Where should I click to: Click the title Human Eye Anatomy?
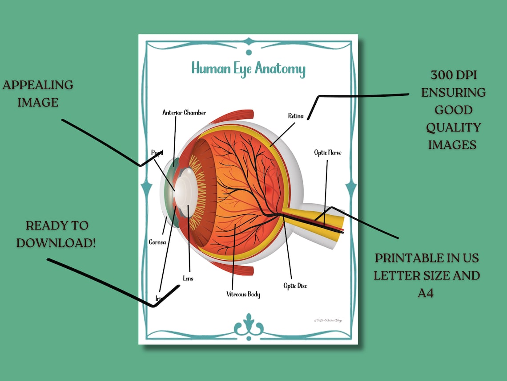(248, 69)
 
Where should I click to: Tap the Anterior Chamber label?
(184, 113)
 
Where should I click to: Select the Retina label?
(296, 116)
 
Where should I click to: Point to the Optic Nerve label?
(327, 153)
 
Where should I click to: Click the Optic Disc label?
(295, 286)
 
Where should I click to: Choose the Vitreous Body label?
(243, 294)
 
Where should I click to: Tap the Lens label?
(188, 279)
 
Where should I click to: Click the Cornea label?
(157, 242)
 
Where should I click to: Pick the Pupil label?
(157, 153)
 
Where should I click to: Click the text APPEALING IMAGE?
(38, 94)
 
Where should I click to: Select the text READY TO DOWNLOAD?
(56, 234)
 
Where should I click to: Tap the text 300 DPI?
(453, 75)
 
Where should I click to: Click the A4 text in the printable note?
(426, 293)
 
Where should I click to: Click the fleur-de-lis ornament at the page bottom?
(249, 325)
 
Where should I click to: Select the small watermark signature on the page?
(327, 320)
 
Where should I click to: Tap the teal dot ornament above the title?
(249, 53)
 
